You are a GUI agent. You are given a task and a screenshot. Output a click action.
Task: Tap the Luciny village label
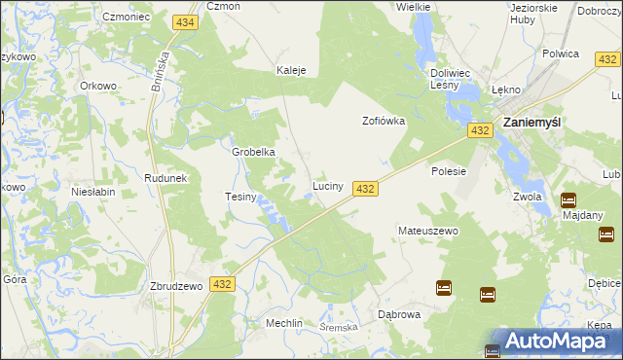(x=326, y=185)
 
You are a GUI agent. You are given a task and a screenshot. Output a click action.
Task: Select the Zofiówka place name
(x=383, y=122)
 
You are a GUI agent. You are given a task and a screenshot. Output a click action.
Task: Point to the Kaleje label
(x=291, y=71)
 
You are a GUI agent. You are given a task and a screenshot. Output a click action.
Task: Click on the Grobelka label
(x=253, y=152)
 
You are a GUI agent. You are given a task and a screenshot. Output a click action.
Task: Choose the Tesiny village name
(x=240, y=198)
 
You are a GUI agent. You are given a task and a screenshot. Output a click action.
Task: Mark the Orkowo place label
(x=98, y=85)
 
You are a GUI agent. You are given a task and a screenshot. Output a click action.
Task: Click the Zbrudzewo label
(x=175, y=286)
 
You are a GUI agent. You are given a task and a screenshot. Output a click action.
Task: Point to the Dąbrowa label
(x=398, y=315)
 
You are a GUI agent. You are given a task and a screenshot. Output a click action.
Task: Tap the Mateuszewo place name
(x=427, y=232)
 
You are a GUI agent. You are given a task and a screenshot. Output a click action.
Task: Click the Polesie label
(x=449, y=171)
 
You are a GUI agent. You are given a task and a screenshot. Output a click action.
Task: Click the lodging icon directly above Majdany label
(x=568, y=200)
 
